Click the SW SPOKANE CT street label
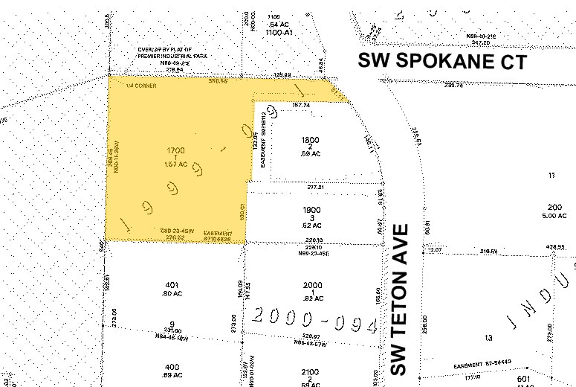click(x=442, y=61)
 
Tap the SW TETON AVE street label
click(x=401, y=299)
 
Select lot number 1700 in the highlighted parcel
click(x=175, y=150)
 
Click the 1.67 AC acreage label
click(x=175, y=164)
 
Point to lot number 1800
click(x=310, y=141)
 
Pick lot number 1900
click(x=311, y=210)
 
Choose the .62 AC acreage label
click(x=311, y=225)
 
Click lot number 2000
click(x=312, y=284)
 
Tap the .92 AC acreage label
click(x=312, y=299)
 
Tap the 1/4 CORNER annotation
click(x=141, y=86)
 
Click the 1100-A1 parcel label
click(x=276, y=33)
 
